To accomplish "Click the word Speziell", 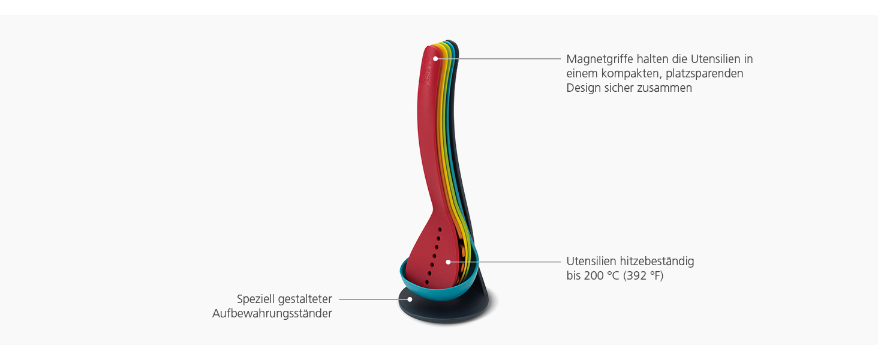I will [x=255, y=299].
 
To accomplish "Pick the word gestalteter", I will [x=305, y=299].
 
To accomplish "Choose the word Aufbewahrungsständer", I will [x=272, y=313].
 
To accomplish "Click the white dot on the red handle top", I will [x=435, y=59].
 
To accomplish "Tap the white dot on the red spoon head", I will [x=447, y=262].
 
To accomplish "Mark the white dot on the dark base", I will [x=410, y=299].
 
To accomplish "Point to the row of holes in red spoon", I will [x=434, y=255].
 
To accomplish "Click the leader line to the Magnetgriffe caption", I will [x=504, y=59].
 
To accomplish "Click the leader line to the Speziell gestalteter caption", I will [x=372, y=299].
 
